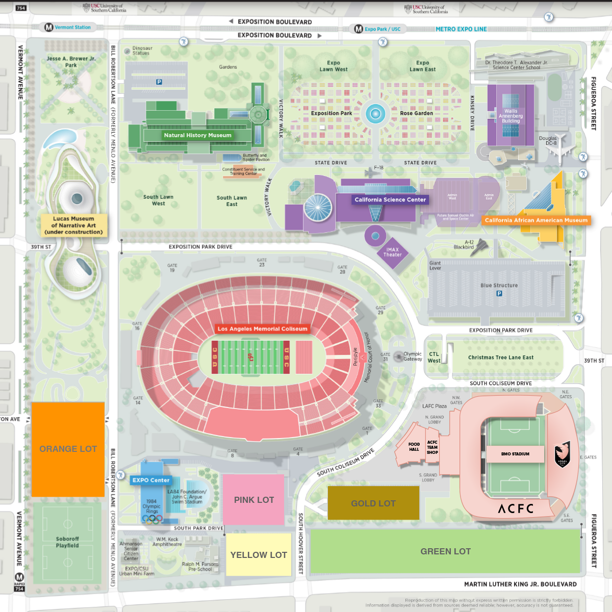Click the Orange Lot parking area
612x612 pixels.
click(68, 449)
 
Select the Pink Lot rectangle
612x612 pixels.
click(253, 500)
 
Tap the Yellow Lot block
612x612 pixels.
click(259, 555)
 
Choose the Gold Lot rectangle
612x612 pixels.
click(373, 503)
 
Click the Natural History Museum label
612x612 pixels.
click(197, 135)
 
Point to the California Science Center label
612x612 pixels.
click(390, 200)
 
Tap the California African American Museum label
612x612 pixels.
click(536, 220)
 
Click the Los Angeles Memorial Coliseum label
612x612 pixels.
click(263, 329)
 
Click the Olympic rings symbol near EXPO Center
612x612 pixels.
click(152, 519)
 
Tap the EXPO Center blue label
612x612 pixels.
click(151, 480)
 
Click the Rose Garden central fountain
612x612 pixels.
click(375, 114)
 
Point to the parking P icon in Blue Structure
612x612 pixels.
click(499, 294)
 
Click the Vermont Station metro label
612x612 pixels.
click(72, 28)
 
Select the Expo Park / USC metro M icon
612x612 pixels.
click(359, 29)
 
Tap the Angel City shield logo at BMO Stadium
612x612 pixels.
click(563, 455)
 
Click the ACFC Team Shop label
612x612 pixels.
click(432, 447)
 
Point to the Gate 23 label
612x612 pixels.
click(262, 262)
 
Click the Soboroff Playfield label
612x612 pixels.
click(67, 542)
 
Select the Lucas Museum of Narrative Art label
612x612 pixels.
click(73, 225)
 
